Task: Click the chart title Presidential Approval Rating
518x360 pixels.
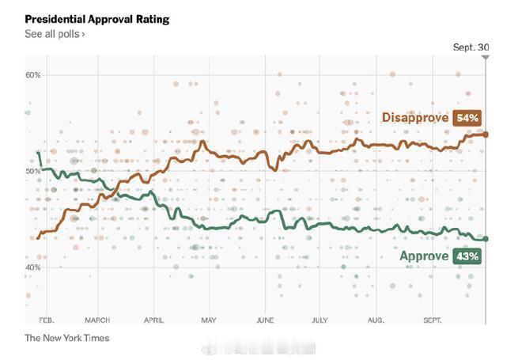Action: click(x=97, y=18)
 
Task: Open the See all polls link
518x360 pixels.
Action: click(x=55, y=34)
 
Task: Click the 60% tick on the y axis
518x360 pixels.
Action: click(x=32, y=75)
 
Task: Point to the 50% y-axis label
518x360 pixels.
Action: click(x=32, y=171)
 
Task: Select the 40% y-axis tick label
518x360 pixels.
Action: click(x=32, y=267)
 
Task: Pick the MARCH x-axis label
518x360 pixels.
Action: click(x=97, y=320)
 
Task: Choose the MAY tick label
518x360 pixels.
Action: click(x=208, y=320)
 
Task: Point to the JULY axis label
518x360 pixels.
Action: click(x=319, y=320)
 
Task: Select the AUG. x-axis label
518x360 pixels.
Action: click(x=376, y=320)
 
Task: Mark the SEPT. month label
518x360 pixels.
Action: click(x=432, y=320)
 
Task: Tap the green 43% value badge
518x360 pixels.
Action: click(x=467, y=256)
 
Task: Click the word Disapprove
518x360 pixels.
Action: click(x=415, y=118)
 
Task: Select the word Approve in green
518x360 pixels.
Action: click(x=424, y=256)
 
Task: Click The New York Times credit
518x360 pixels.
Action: click(x=67, y=338)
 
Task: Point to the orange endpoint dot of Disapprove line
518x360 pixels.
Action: click(x=485, y=135)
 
